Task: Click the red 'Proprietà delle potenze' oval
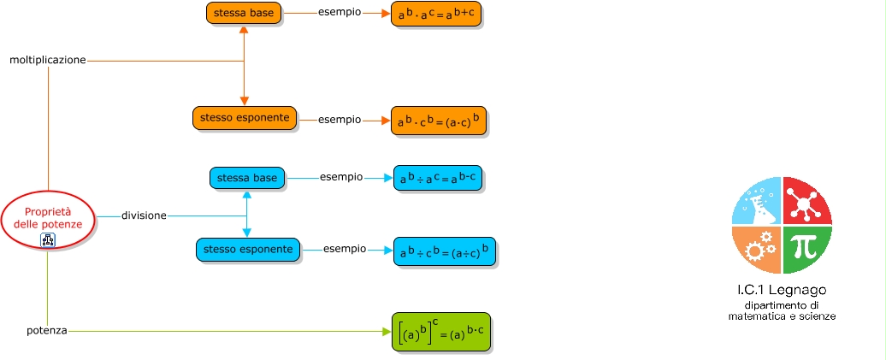pos(48,218)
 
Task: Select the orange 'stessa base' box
pos(244,13)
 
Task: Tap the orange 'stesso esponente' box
pos(245,118)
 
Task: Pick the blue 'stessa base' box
pos(247,178)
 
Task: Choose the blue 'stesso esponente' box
pos(248,250)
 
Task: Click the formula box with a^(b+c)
pos(434,15)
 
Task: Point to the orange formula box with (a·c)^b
pos(438,121)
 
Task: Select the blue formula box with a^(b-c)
pos(437,179)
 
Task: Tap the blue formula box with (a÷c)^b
pos(444,251)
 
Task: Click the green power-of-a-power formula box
pos(441,332)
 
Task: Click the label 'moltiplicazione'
pos(48,61)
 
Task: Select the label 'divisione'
pos(144,215)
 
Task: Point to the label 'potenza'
pos(47,330)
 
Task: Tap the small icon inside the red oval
pos(48,240)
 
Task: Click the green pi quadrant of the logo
pos(805,249)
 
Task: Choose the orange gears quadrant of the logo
pos(758,249)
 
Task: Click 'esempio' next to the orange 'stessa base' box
pos(339,13)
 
